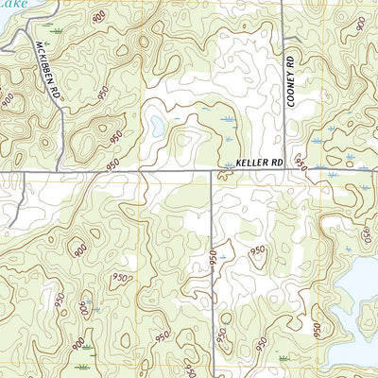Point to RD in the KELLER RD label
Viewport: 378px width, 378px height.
click(x=276, y=163)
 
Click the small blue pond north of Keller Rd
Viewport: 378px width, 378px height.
click(x=155, y=125)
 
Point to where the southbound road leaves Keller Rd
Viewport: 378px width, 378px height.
click(x=212, y=172)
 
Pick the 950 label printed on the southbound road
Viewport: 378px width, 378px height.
click(x=213, y=256)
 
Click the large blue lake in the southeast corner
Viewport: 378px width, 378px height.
click(x=359, y=283)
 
